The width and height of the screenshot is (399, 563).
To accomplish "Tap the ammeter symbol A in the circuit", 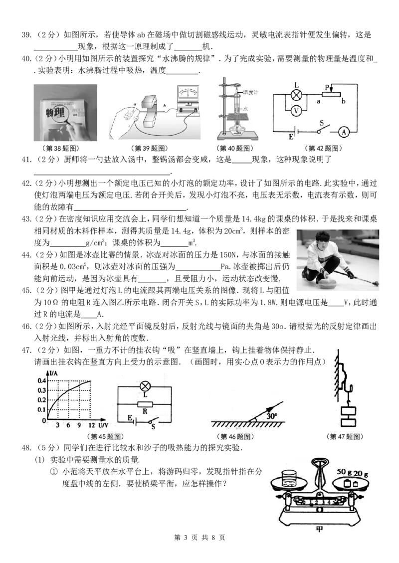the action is tap(344, 132).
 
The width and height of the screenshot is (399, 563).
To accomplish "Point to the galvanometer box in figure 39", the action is tap(188, 99).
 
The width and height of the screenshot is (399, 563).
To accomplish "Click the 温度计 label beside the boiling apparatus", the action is tap(250, 92).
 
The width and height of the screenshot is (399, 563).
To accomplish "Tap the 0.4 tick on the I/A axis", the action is tap(42, 380).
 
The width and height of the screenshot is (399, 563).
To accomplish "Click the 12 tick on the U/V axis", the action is tap(92, 425).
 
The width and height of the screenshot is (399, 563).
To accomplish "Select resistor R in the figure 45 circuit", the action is tap(145, 404).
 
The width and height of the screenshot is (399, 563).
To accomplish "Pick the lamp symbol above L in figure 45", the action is tap(145, 386).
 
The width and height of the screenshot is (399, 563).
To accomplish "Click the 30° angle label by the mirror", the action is tap(272, 416).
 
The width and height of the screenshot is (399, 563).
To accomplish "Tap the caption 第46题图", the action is tap(235, 437).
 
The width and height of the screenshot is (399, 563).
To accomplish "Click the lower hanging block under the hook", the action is tap(348, 422).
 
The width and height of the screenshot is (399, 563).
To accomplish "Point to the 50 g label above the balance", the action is tap(344, 471).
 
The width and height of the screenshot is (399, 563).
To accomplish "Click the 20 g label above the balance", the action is tap(361, 473).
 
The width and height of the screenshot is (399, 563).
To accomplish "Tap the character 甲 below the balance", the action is tap(319, 529).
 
